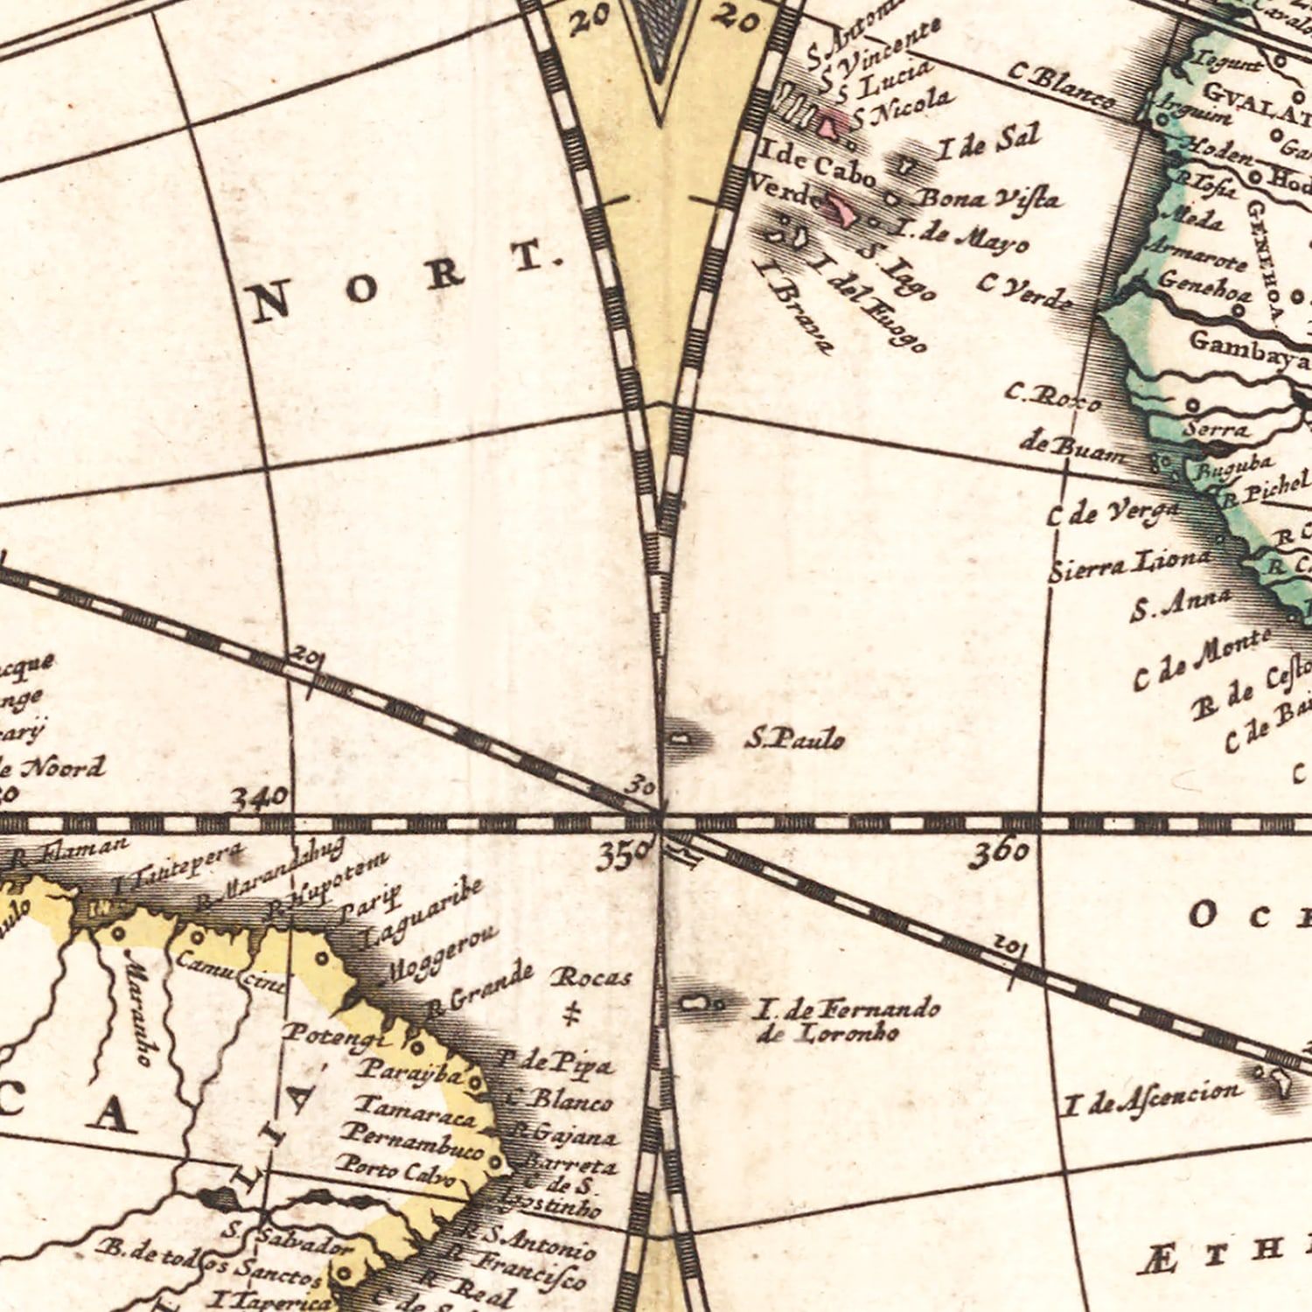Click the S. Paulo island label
click(795, 740)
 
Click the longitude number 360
click(998, 853)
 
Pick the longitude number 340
click(259, 798)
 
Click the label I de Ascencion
click(1152, 1099)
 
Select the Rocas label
click(590, 977)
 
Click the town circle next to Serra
click(1192, 405)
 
